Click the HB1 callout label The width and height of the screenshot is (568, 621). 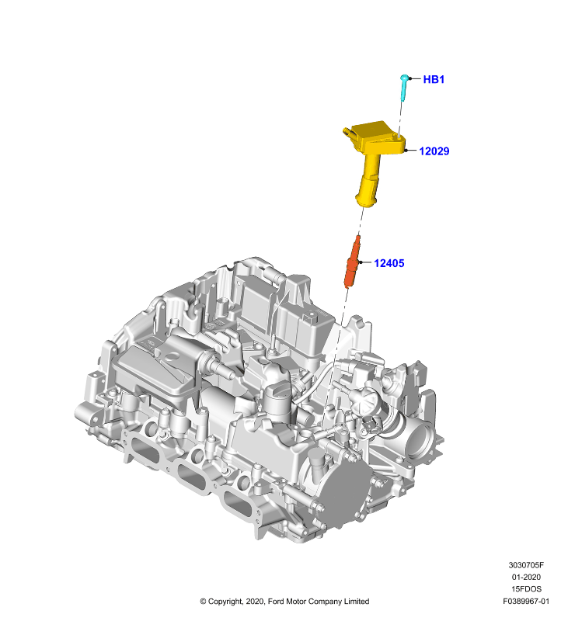[434, 79]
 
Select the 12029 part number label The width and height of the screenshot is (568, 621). [434, 151]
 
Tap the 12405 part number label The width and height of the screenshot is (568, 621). [389, 263]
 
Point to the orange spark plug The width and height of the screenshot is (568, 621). [352, 262]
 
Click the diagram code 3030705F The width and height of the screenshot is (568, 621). [526, 565]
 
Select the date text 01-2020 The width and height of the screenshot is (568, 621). [526, 577]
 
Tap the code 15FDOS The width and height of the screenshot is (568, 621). [526, 589]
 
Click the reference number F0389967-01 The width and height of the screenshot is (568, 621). [526, 601]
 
